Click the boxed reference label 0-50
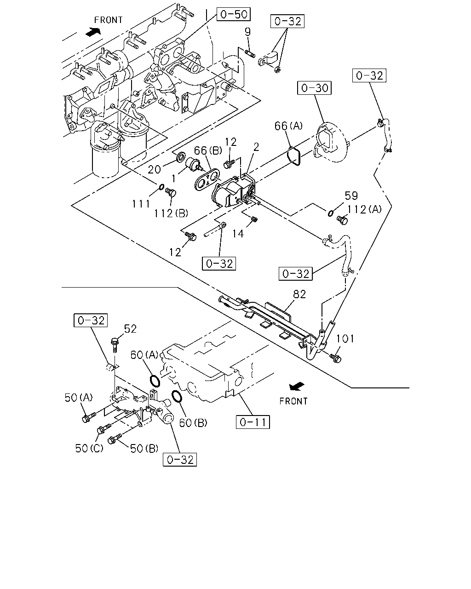tap(234, 14)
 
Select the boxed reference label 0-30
tap(315, 88)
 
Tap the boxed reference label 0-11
tap(253, 422)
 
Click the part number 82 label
tap(299, 294)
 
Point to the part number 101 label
tap(345, 339)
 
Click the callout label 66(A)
tap(289, 126)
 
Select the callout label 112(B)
tap(171, 213)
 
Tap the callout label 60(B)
tap(193, 423)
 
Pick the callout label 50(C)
tap(89, 448)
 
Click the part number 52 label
tap(130, 329)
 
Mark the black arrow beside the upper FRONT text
tap(93, 32)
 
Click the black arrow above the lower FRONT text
tap(297, 386)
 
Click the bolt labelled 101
tap(335, 358)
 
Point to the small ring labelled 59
tap(331, 213)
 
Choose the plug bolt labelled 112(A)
tap(342, 220)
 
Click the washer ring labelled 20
tap(181, 157)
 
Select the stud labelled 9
tap(250, 53)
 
